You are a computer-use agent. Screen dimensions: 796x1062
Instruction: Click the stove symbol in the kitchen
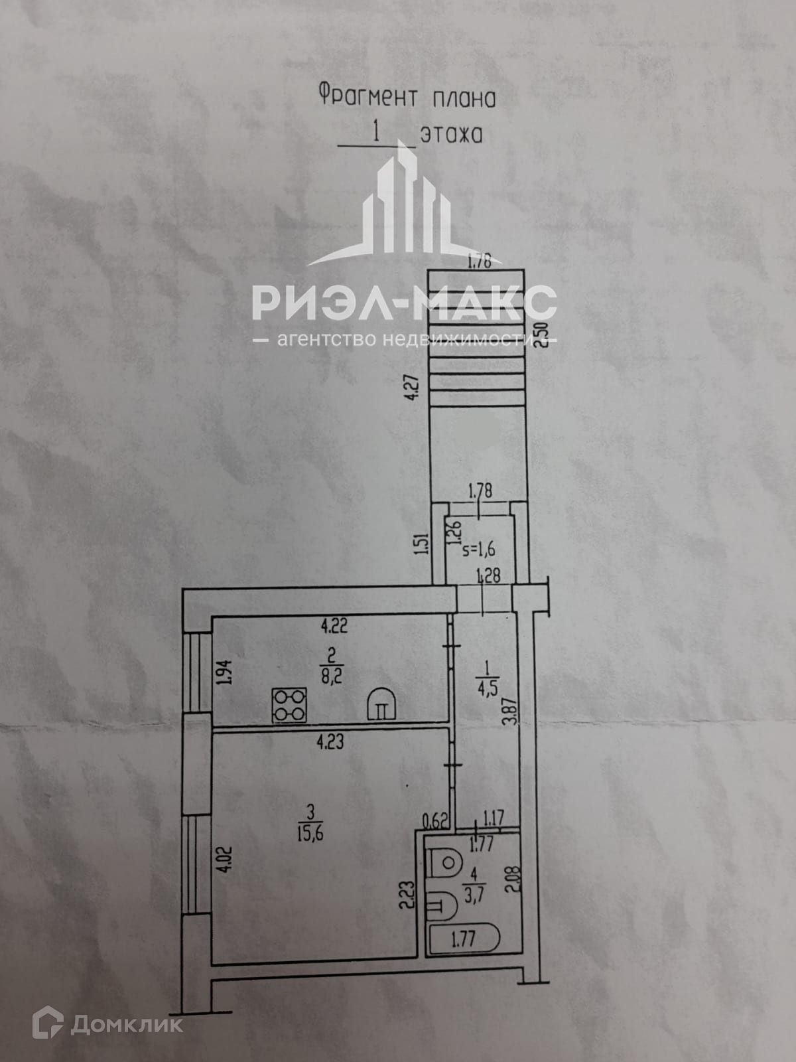point(290,705)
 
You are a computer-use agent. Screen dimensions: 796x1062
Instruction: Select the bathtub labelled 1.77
point(464,939)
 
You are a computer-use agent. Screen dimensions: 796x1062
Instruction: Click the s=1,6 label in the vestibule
point(479,549)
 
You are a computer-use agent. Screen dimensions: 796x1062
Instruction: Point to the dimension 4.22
point(334,625)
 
